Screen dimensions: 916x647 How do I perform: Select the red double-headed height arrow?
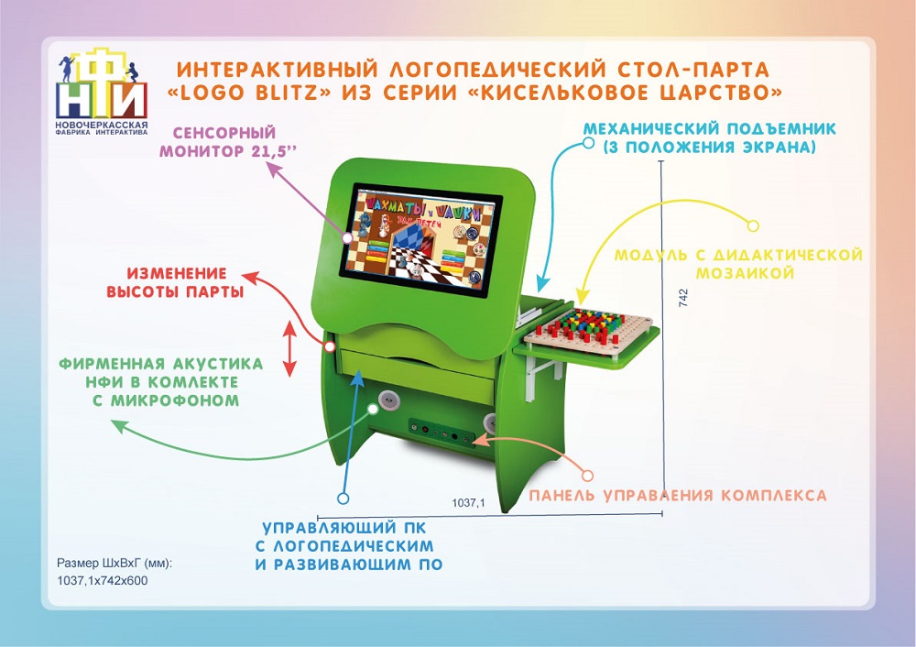pyautogui.click(x=289, y=349)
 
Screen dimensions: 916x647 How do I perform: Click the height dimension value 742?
pyautogui.click(x=683, y=298)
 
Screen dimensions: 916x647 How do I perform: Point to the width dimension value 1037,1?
pyautogui.click(x=468, y=502)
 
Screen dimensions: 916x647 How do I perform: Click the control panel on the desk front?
pyautogui.click(x=441, y=433)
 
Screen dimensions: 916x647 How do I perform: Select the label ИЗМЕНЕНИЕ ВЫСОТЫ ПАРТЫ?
pyautogui.click(x=176, y=282)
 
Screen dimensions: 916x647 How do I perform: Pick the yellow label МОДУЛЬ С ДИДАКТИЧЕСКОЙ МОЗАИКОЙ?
pyautogui.click(x=738, y=264)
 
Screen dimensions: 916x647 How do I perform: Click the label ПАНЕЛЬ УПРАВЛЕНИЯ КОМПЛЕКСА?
pyautogui.click(x=678, y=496)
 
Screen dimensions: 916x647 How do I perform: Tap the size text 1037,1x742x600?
pyautogui.click(x=103, y=581)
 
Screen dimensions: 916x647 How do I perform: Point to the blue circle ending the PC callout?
pyautogui.click(x=343, y=499)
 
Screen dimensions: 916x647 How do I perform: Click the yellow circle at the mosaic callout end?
pyautogui.click(x=753, y=225)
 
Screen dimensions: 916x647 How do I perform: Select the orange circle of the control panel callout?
pyautogui.click(x=588, y=475)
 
